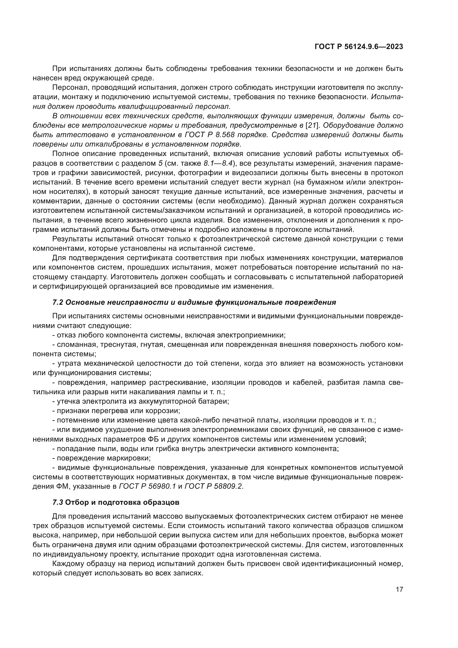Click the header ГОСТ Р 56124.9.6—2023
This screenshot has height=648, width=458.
(359, 47)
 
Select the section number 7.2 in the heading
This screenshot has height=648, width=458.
(58, 302)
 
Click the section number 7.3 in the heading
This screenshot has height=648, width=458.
(58, 502)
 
